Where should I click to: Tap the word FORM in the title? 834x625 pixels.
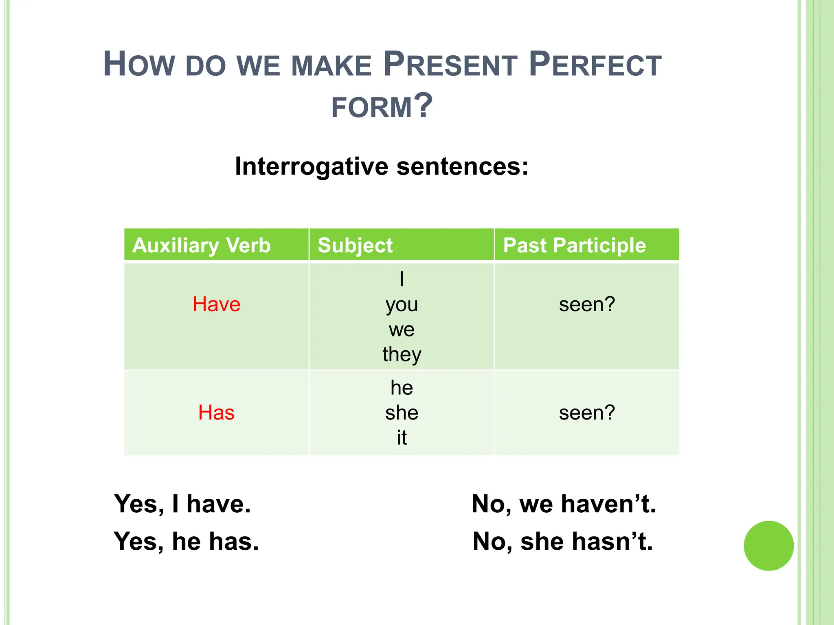(372, 107)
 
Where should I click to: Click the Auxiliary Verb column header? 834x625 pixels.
(202, 245)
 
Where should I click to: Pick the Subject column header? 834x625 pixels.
(355, 245)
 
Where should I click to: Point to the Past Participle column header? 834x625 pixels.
(574, 245)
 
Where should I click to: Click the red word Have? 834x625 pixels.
(216, 304)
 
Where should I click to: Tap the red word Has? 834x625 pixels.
(216, 413)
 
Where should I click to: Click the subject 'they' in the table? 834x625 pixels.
(402, 354)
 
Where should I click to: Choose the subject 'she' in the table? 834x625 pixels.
(402, 413)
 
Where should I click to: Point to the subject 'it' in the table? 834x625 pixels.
(402, 438)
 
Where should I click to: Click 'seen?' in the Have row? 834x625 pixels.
(586, 304)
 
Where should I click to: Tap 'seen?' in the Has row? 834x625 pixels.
(586, 413)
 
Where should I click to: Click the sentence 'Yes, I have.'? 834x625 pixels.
(182, 504)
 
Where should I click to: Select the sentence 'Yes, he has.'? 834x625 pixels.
(186, 542)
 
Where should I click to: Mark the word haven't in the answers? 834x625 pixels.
(608, 504)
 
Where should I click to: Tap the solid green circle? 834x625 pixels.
(768, 546)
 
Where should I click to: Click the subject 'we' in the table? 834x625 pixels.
(402, 330)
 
